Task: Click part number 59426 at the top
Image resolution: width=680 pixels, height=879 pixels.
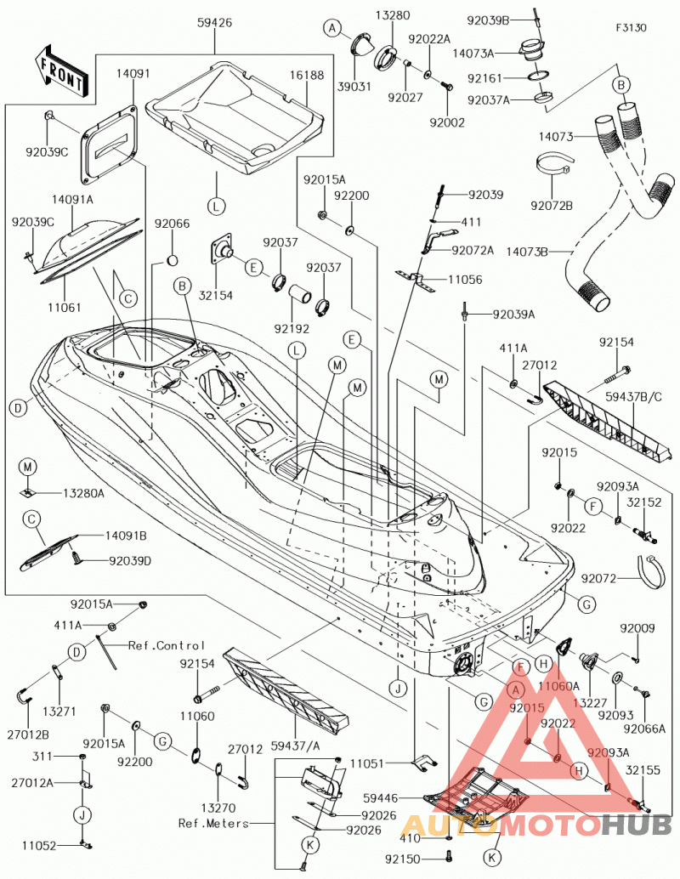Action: [215, 23]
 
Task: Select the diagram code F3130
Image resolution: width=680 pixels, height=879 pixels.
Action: [631, 27]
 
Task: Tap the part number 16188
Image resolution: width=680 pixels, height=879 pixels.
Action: [307, 75]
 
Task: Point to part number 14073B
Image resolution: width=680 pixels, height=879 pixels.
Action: [527, 252]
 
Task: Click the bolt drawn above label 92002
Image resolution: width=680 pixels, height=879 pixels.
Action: [447, 87]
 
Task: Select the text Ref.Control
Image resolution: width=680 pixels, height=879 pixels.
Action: [167, 646]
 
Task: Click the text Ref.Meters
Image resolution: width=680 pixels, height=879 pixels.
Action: [213, 824]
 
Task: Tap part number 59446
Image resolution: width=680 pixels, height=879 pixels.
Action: [381, 797]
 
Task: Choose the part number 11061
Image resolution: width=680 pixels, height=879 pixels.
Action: [65, 307]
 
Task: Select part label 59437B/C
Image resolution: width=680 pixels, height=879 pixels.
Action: [633, 397]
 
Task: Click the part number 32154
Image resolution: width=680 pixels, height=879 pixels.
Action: [216, 296]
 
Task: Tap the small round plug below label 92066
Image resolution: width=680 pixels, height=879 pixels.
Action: [173, 260]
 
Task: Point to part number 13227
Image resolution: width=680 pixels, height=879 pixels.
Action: [591, 703]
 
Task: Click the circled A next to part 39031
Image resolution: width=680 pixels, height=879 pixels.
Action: [333, 27]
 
